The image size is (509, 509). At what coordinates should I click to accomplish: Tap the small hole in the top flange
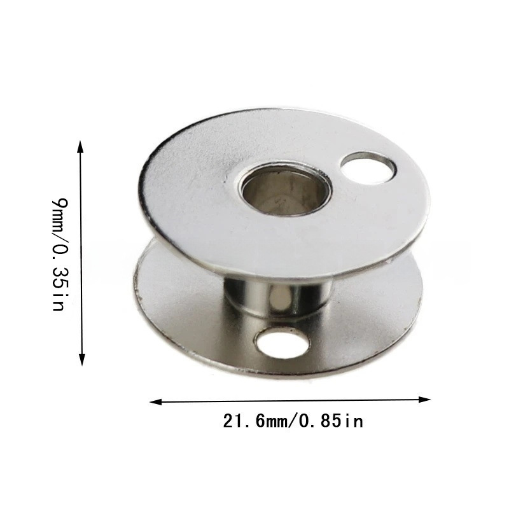click(x=368, y=167)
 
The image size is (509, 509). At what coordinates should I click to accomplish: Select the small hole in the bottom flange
click(x=282, y=343)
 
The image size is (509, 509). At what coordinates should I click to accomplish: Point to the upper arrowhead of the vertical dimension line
click(x=81, y=146)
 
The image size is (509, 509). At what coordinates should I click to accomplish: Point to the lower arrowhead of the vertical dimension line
click(x=82, y=359)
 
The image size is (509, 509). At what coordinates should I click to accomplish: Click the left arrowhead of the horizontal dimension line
click(x=156, y=402)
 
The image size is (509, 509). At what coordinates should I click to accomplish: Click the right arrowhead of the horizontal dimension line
click(x=424, y=400)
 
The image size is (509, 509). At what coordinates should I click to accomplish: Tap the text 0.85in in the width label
click(x=330, y=421)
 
